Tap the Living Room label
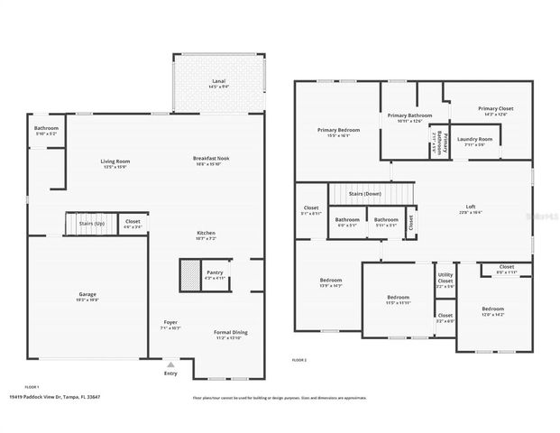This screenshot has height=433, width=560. click(x=115, y=162)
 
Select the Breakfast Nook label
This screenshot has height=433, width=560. click(x=211, y=160)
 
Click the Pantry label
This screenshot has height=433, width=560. click(x=215, y=273)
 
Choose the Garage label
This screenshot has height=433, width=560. click(x=87, y=296)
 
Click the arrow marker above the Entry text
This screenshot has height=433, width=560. click(x=170, y=364)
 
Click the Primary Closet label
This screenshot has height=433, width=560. click(x=496, y=110)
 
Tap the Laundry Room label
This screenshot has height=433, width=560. click(x=474, y=141)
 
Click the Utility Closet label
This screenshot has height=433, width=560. click(x=445, y=280)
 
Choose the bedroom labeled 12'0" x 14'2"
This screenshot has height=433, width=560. click(x=492, y=310)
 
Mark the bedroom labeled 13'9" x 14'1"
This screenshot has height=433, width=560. click(x=330, y=282)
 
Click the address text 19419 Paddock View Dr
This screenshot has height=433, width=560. click(x=54, y=396)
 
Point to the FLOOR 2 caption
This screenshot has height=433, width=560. click(x=299, y=360)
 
